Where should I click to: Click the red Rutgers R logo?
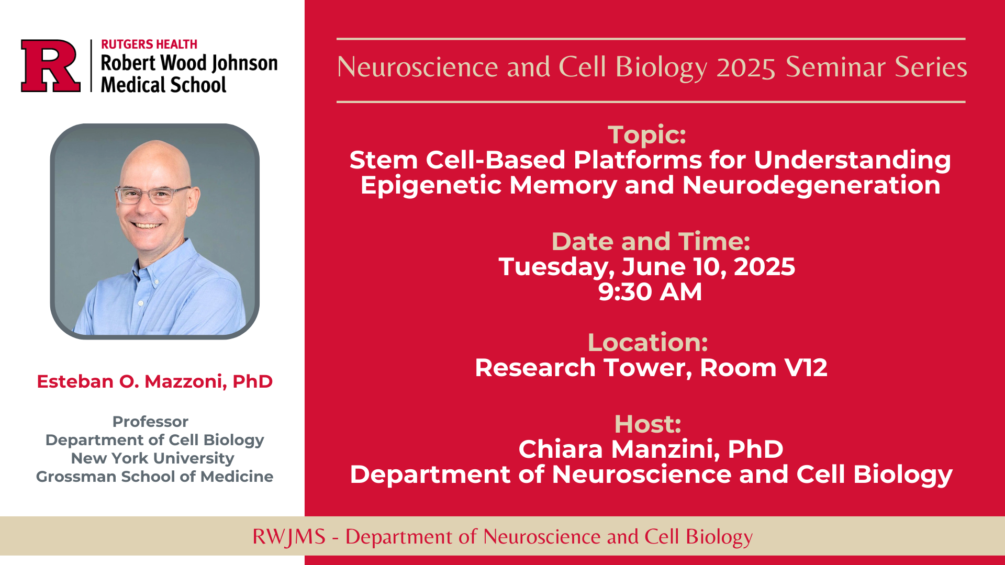(51, 66)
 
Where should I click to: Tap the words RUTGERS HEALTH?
(149, 44)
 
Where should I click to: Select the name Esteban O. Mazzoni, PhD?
(154, 381)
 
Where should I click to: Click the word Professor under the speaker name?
(150, 422)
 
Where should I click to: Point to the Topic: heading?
(647, 135)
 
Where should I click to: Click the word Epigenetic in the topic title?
(431, 186)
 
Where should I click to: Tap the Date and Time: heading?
(651, 242)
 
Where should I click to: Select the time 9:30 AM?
(650, 292)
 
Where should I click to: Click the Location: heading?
(648, 343)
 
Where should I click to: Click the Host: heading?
(648, 424)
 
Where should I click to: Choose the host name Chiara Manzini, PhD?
(651, 449)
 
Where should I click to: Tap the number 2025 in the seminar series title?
(746, 68)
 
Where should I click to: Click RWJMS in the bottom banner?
(289, 537)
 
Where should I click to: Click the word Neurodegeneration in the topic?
(811, 186)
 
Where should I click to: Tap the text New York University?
(152, 458)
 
